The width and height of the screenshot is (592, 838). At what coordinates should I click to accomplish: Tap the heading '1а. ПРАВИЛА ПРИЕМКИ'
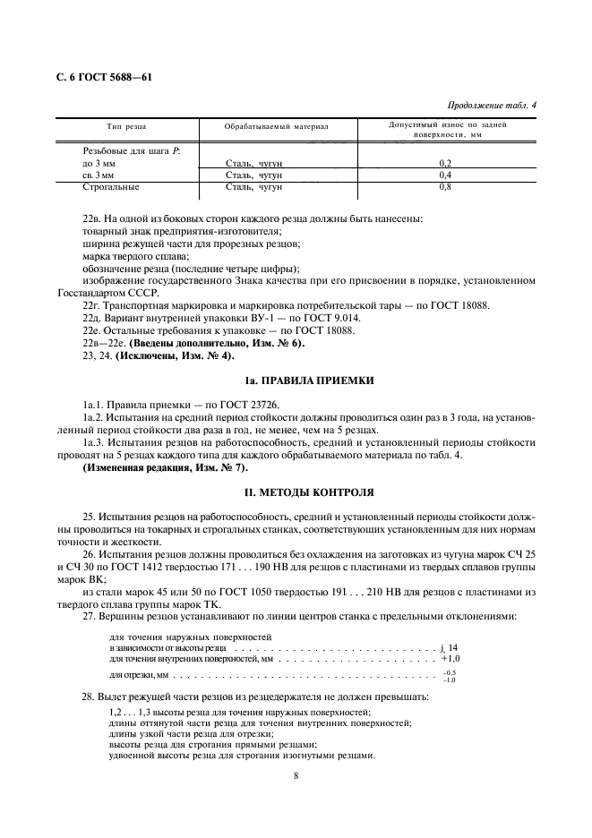[x=296, y=381]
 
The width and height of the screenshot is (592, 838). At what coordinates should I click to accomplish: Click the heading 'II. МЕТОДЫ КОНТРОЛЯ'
[x=296, y=492]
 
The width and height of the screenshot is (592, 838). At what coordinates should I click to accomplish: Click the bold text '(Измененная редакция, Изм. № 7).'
[x=166, y=467]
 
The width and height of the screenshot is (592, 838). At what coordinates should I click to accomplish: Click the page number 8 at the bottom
[x=296, y=777]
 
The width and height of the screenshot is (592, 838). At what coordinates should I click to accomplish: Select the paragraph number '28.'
[x=87, y=696]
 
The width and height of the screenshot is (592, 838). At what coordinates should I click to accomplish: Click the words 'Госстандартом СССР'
[x=109, y=293]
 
